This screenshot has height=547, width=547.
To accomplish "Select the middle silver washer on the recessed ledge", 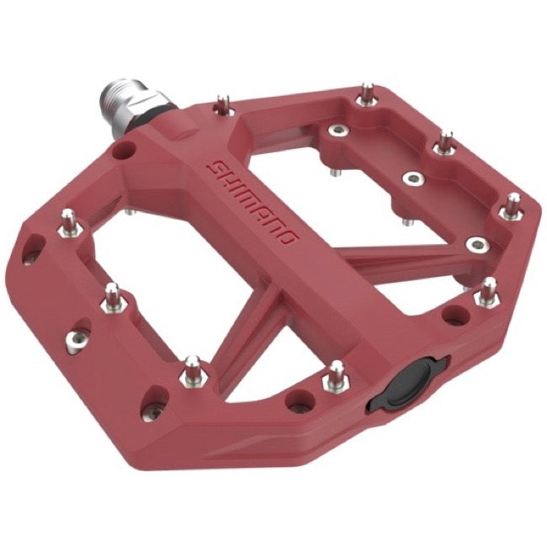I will (412, 178).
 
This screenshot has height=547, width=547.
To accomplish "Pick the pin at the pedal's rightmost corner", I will (512, 204).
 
